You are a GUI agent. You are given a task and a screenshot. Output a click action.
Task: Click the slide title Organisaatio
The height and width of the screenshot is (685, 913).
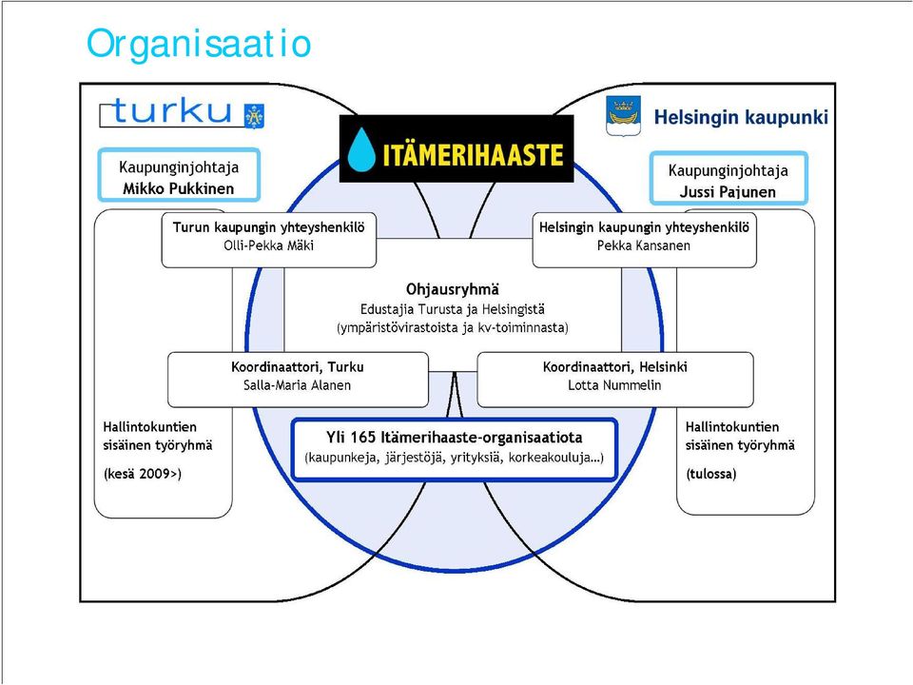199,45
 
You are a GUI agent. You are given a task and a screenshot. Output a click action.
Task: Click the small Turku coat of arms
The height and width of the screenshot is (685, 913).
255,116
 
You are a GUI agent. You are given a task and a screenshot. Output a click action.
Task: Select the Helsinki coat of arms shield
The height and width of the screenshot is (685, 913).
624,115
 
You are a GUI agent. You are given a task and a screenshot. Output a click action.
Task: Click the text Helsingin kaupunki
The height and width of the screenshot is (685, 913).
741,117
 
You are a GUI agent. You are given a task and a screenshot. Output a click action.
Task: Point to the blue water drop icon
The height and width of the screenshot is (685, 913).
361,149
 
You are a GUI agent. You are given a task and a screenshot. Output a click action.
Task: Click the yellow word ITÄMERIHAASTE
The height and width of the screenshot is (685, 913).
473,154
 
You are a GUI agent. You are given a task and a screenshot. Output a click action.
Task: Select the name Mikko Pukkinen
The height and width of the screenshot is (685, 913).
178,188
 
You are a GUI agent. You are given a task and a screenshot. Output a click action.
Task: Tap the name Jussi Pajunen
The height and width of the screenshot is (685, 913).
728,192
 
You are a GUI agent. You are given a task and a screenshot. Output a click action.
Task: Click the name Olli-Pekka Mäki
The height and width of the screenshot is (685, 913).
268,245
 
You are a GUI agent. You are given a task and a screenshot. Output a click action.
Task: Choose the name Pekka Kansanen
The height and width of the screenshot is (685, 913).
644,245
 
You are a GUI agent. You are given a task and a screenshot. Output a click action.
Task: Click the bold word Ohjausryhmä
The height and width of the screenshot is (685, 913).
453,289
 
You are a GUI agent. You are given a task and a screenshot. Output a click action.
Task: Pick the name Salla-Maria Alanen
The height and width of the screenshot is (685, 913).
297,385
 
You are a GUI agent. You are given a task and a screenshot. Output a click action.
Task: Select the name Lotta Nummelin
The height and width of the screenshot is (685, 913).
614,385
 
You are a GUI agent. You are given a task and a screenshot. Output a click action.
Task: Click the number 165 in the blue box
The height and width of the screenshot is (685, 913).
364,438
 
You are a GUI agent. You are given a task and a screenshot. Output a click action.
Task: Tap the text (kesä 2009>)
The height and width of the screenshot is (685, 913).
143,474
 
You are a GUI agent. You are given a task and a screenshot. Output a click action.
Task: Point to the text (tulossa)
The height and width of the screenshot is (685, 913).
711,474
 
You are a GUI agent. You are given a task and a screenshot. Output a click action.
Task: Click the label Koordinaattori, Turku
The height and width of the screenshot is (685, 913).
297,367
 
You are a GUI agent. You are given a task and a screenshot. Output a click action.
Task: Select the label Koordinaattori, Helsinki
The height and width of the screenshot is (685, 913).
615,367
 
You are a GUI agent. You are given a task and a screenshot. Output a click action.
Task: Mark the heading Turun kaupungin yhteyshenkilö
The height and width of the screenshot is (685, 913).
268,227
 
